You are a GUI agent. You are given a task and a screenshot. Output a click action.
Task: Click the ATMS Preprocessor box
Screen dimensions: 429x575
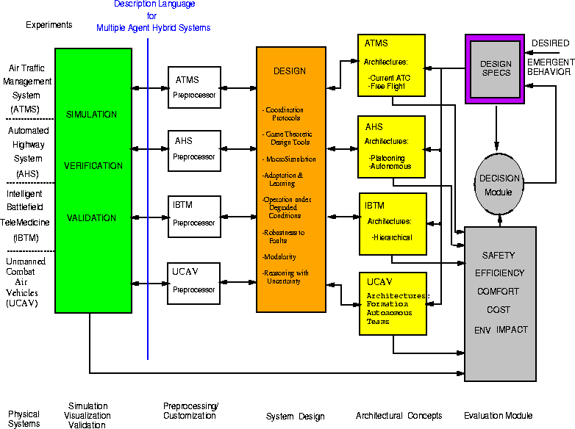tap(194, 87)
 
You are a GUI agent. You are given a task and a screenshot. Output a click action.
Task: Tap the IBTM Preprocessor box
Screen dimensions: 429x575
tap(194, 216)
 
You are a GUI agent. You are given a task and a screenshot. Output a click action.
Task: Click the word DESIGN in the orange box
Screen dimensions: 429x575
tap(290, 71)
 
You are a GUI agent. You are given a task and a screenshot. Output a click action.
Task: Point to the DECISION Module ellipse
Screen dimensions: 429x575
tap(499, 184)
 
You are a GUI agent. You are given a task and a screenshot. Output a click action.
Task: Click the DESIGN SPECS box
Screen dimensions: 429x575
tap(495, 69)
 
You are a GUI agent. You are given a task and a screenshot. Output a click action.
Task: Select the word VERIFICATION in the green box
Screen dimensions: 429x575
tap(93, 166)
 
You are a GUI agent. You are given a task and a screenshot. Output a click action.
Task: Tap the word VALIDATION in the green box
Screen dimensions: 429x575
tap(92, 218)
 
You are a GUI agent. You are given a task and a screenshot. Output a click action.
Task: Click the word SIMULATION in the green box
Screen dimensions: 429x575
tap(91, 115)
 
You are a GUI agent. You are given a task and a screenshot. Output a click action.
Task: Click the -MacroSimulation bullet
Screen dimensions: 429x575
tap(290, 159)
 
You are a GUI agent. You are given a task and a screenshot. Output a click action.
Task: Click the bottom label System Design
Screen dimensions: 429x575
tap(295, 417)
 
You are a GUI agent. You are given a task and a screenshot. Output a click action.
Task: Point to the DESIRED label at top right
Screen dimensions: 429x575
tap(550, 43)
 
